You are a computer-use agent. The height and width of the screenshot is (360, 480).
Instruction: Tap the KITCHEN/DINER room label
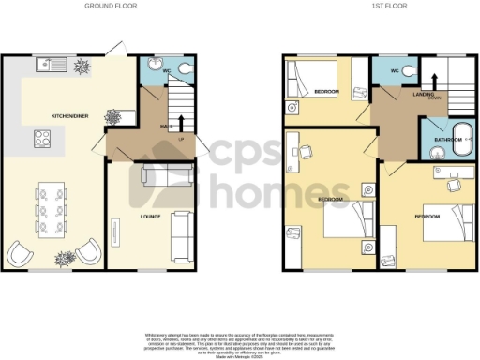click(x=50, y=115)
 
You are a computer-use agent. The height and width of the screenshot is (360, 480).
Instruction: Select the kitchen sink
click(x=47, y=65)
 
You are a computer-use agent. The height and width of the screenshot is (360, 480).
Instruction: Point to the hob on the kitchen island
click(x=42, y=139)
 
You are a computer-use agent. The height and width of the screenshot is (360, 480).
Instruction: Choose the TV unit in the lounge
click(x=116, y=234)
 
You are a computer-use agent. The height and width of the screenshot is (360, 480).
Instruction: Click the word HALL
click(x=164, y=125)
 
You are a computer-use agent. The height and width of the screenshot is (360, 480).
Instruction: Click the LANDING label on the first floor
click(x=423, y=94)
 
